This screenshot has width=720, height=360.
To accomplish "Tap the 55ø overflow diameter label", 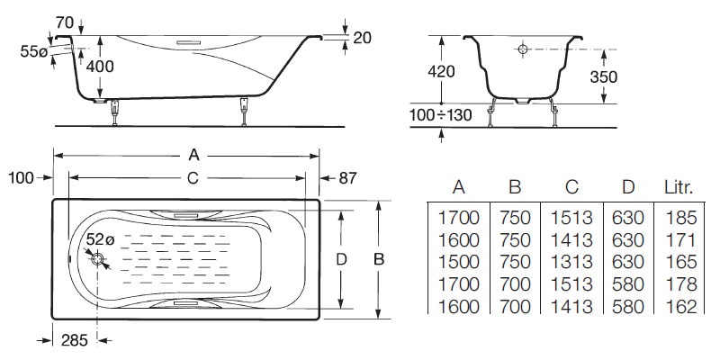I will (33, 53).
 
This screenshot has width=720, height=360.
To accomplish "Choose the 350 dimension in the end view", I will (604, 77).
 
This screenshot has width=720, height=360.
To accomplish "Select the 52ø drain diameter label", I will (100, 240).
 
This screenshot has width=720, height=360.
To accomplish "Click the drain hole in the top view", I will (98, 260).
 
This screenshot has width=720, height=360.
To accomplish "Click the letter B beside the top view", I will (379, 258).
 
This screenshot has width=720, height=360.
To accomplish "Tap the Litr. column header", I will (678, 187).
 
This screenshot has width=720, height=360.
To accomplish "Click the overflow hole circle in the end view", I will (520, 49).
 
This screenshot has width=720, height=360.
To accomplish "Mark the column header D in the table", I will (627, 187).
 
